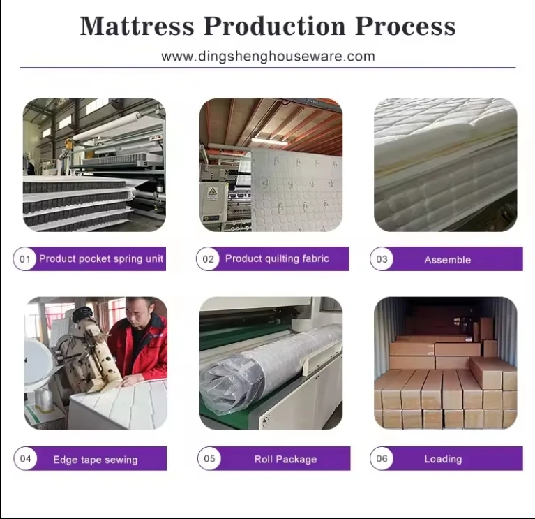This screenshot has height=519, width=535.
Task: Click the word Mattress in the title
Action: tap(137, 26)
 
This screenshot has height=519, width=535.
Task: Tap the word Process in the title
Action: tap(405, 26)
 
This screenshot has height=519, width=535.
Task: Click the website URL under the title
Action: tap(268, 57)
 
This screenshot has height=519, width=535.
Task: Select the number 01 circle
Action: tap(25, 259)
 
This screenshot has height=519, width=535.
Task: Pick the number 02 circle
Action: tap(208, 259)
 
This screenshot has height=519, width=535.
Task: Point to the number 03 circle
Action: tap(382, 259)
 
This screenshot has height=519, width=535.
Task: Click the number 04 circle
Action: tap(26, 458)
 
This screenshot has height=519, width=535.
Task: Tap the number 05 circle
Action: tap(209, 458)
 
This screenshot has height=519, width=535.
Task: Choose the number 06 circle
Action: tap(382, 458)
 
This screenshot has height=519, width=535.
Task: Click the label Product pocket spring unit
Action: tap(101, 258)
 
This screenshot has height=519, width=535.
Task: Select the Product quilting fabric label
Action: tap(277, 258)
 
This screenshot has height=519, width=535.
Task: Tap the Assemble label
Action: tap(448, 260)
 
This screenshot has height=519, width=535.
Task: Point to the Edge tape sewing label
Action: tap(96, 460)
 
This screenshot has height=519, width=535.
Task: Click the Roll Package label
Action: tap(285, 459)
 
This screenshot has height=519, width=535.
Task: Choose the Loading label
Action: tap(443, 459)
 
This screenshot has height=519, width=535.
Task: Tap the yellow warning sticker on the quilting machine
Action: tap(212, 193)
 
